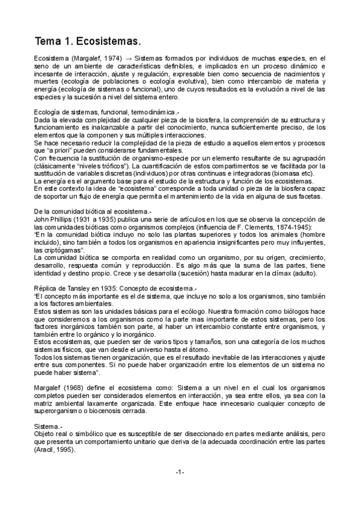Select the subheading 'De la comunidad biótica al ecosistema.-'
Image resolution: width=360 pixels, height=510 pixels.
[93, 212]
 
